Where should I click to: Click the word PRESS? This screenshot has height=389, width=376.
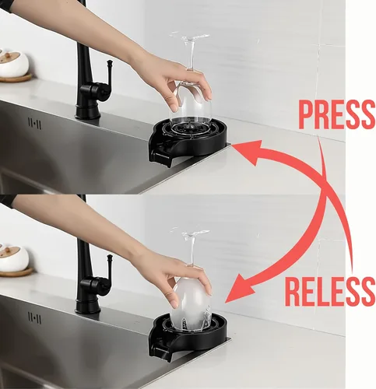pos(336,114)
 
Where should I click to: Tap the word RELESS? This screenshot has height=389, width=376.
pos(330,291)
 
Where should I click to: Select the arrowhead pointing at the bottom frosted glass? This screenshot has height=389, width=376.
pos(239,289)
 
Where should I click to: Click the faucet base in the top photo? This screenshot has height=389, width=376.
pos(88,111)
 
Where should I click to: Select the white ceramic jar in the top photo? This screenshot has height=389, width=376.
pos(13,64)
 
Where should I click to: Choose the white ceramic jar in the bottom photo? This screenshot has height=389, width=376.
pos(13,258)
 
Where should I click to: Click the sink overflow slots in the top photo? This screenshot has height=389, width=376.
pos(34,124)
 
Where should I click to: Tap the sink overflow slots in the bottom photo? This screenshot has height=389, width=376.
pos(34,317)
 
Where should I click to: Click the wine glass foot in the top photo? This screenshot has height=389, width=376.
pos(189,37)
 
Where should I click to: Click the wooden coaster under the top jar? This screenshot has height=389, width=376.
pos(16,78)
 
